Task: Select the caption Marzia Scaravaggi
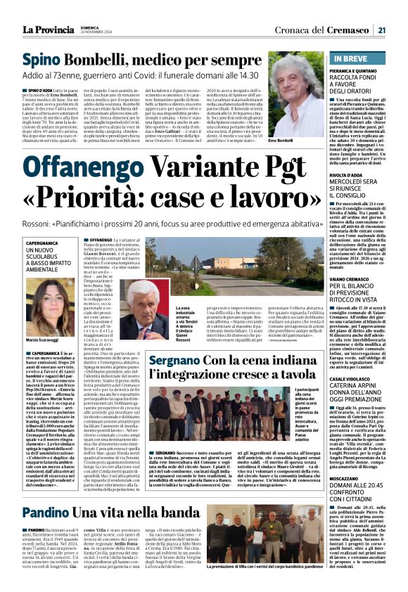[43, 321]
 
